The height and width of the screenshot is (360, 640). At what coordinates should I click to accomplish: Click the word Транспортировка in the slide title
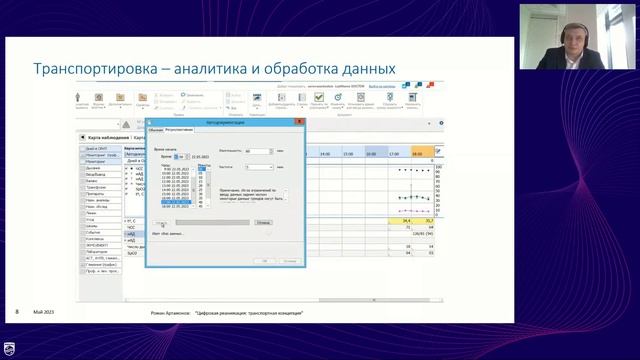point(90,68)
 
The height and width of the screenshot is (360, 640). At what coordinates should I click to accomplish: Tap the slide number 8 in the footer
point(17,313)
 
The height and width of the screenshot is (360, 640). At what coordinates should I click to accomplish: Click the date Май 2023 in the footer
point(44,313)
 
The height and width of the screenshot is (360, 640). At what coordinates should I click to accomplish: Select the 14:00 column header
point(326,153)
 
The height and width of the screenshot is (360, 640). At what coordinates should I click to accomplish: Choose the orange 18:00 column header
point(419,153)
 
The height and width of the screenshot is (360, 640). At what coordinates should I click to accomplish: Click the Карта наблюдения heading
point(109,136)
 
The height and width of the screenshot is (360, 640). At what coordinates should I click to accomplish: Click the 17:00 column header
point(395,153)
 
